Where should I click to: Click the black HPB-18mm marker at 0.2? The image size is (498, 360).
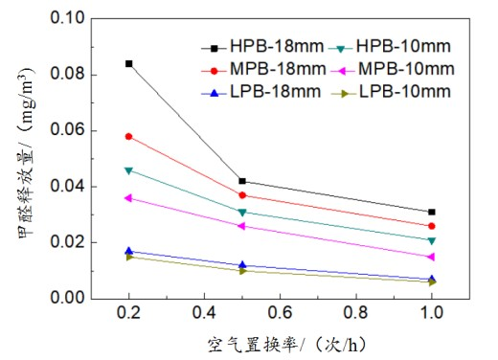point(129,63)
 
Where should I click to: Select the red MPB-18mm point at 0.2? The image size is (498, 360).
point(129,136)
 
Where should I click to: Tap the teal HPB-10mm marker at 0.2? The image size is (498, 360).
point(129,170)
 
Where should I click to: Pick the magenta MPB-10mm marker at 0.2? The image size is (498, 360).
point(129,198)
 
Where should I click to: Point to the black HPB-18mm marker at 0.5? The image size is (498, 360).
point(242,181)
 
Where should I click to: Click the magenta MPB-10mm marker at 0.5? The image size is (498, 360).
point(242,226)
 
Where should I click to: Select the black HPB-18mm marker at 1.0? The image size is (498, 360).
point(432,212)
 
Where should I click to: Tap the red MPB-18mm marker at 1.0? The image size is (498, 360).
point(432,226)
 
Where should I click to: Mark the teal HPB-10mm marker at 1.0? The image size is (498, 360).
point(432,240)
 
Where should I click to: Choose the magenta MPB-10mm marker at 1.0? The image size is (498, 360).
point(432,257)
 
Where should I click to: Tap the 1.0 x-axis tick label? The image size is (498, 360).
point(432,312)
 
